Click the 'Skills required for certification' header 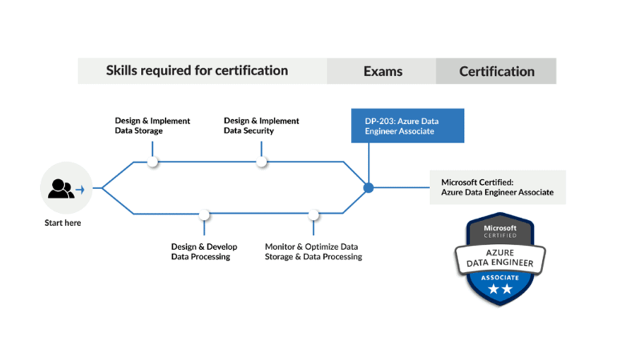click(x=197, y=70)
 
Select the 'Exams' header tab click(x=382, y=71)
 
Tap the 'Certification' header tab click(x=497, y=71)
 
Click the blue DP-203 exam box click(x=407, y=126)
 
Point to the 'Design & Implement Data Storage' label click(x=152, y=126)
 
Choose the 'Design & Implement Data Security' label click(x=262, y=126)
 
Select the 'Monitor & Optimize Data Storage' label click(x=313, y=251)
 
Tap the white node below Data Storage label click(x=153, y=161)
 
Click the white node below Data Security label click(x=262, y=161)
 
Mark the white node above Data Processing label click(x=204, y=215)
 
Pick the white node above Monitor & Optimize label click(x=314, y=215)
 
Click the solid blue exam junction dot click(x=368, y=187)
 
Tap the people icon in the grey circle click(x=61, y=188)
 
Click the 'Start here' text click(x=63, y=223)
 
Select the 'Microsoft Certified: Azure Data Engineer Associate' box click(x=497, y=187)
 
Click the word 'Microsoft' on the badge click(x=500, y=228)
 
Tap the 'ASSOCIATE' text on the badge click(x=500, y=277)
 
